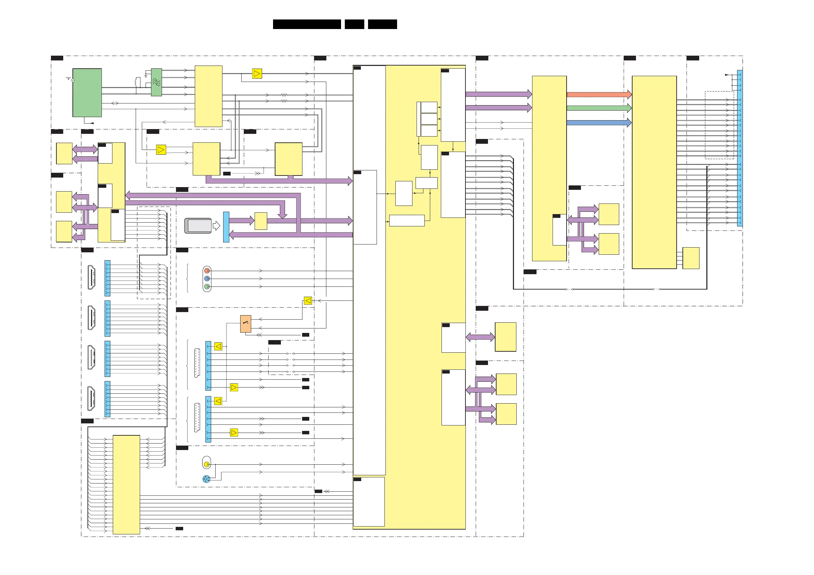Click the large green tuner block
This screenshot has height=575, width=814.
click(x=87, y=93)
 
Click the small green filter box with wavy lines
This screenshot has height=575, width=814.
click(x=157, y=82)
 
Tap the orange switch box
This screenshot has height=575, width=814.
click(x=246, y=323)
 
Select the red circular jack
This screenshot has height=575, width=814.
click(x=207, y=271)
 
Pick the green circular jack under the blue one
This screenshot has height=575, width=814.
click(x=207, y=286)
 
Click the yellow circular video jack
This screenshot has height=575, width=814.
click(x=207, y=464)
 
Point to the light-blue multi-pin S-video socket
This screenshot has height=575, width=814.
click(x=206, y=479)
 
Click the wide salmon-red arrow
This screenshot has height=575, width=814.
click(x=599, y=95)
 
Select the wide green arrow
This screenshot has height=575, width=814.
click(x=599, y=108)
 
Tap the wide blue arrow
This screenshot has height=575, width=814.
click(x=599, y=123)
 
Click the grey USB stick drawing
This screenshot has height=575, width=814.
click(x=198, y=226)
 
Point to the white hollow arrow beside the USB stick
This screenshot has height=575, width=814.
click(x=216, y=226)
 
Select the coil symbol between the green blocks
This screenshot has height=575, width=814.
click(x=138, y=82)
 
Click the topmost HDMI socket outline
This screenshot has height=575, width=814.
click(x=92, y=277)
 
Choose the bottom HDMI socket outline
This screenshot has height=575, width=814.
click(x=92, y=398)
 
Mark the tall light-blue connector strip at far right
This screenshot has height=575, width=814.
click(x=740, y=148)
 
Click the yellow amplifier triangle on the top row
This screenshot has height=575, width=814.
click(x=257, y=74)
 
